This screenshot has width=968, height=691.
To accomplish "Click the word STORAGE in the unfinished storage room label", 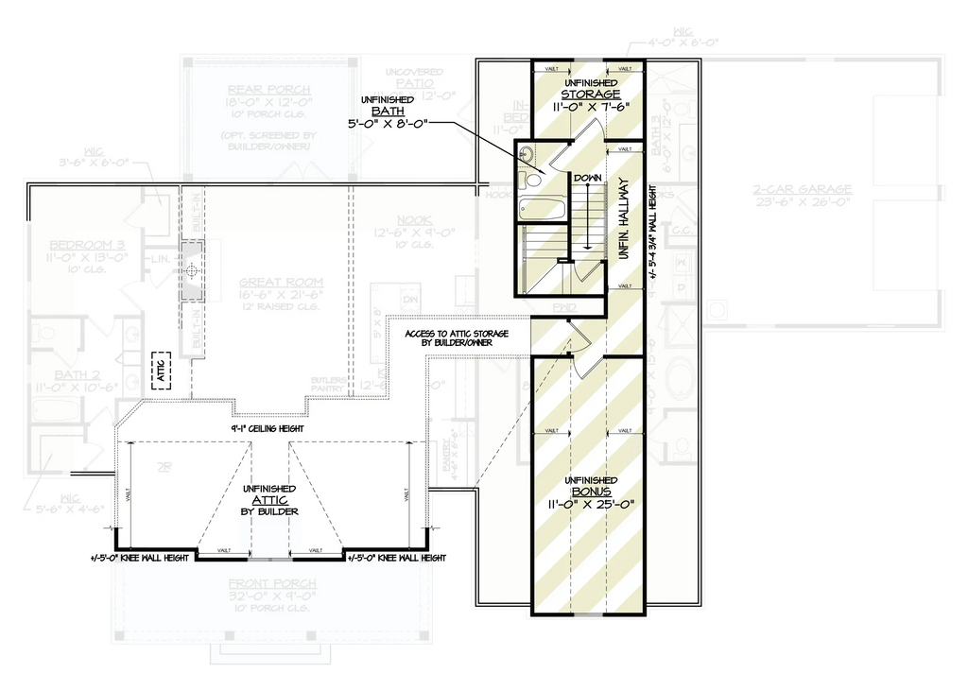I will pyautogui.click(x=590, y=95).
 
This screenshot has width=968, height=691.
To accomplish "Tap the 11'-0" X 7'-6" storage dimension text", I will pyautogui.click(x=590, y=108).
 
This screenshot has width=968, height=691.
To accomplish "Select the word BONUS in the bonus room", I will pyautogui.click(x=591, y=492).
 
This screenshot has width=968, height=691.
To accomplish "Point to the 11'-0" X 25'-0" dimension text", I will pyautogui.click(x=591, y=506).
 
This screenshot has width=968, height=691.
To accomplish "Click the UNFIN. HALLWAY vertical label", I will pyautogui.click(x=623, y=218).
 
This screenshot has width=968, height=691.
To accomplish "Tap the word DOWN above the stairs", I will pyautogui.click(x=588, y=178).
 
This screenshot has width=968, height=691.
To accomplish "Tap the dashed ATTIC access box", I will pyautogui.click(x=160, y=371).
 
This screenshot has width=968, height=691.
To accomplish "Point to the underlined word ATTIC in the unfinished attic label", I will pyautogui.click(x=269, y=499).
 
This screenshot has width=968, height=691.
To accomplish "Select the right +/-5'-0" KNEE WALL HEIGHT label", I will pyautogui.click(x=397, y=559).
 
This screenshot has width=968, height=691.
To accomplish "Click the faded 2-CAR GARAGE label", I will pyautogui.click(x=803, y=189).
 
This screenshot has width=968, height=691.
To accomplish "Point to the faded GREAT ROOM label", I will pyautogui.click(x=281, y=282).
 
